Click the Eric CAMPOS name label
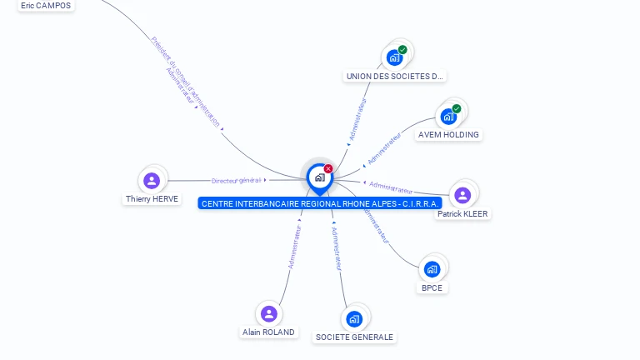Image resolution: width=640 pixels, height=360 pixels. coord(46,5)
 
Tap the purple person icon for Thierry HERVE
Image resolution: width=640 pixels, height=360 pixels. coord(152,180)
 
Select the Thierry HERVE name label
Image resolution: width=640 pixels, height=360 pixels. coord(152,199)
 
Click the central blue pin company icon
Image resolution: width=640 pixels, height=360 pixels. coord(319,177)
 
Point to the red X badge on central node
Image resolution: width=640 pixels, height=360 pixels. coord(328,169)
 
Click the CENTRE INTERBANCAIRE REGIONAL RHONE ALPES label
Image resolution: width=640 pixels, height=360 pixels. coord(320,203)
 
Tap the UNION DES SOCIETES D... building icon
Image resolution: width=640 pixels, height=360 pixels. coord(394,58)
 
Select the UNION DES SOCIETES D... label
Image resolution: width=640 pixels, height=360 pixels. coord(394,76)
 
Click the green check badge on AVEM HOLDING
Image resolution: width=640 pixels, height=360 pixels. coord(457,108)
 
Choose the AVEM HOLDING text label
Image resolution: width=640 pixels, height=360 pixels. coord(448,134)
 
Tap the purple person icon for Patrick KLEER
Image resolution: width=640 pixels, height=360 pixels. coord(462,195)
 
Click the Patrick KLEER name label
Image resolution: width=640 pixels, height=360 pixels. coord(463,214)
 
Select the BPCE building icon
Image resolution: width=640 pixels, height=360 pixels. coord(432,268)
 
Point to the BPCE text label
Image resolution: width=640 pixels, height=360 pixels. coord(432,287)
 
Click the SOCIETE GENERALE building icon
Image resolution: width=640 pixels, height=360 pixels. coord(354,318)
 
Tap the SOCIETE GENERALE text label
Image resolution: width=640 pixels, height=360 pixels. coord(354,337)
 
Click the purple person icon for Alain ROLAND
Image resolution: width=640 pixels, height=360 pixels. coord(268,313)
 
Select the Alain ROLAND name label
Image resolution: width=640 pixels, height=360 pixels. coord(268,332)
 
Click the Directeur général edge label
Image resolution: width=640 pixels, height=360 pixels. coord(237,180)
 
